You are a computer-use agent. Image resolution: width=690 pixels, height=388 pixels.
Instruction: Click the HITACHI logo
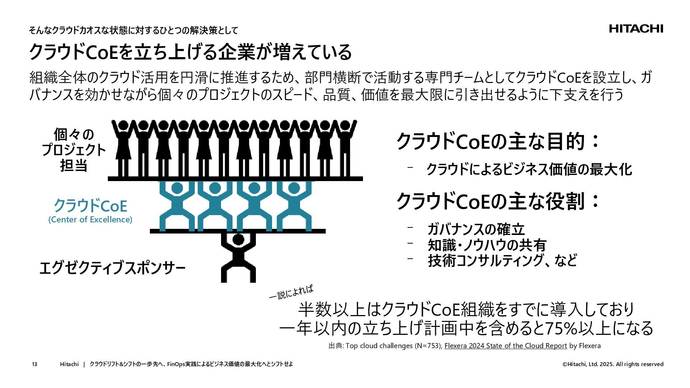click(x=636, y=29)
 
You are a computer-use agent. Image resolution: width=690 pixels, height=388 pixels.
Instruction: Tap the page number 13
click(x=34, y=364)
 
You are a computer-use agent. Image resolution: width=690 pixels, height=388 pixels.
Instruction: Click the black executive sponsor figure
click(x=238, y=257)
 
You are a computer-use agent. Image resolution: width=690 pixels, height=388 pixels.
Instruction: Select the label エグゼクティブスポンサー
click(x=112, y=268)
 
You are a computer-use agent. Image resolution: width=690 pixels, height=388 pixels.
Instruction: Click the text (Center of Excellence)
click(x=90, y=220)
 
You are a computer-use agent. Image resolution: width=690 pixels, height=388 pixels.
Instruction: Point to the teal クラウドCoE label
click(x=90, y=206)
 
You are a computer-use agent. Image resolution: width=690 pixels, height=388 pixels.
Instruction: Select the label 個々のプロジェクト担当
click(x=74, y=150)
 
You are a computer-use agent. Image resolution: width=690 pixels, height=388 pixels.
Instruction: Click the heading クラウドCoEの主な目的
click(x=498, y=141)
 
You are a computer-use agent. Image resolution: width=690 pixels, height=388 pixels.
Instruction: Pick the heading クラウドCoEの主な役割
click(x=498, y=201)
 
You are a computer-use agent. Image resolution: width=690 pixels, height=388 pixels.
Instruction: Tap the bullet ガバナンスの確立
click(x=476, y=229)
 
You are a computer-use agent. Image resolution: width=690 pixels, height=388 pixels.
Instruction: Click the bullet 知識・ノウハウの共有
click(x=487, y=245)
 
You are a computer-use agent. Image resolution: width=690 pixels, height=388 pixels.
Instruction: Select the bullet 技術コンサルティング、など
click(x=502, y=261)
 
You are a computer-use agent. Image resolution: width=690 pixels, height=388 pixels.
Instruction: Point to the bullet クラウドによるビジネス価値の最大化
click(x=529, y=170)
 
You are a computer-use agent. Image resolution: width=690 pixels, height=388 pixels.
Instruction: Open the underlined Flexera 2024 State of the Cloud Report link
click(x=505, y=346)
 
